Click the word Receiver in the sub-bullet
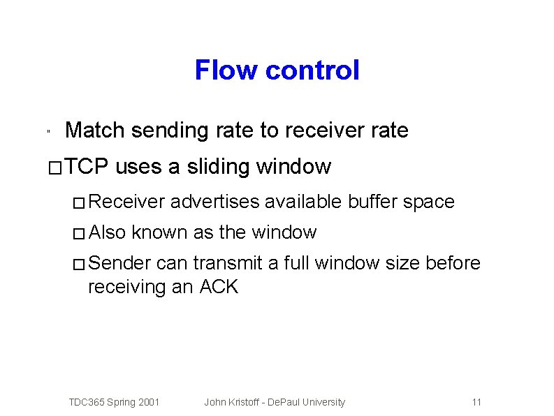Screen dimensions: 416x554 [126, 202]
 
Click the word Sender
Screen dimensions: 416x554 [120, 263]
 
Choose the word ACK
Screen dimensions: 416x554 [219, 286]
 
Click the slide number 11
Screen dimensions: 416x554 [477, 402]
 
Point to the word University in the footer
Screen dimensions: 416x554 [323, 402]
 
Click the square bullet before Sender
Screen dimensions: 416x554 [79, 265]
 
